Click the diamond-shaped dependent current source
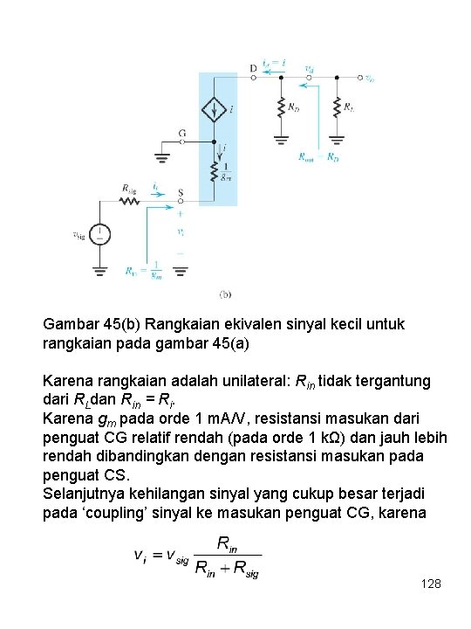[x=213, y=110]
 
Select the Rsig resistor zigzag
[x=129, y=201]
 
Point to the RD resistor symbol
[x=281, y=107]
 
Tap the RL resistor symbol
[x=337, y=107]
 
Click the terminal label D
[x=253, y=67]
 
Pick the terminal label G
[x=181, y=134]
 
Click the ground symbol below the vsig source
[x=101, y=271]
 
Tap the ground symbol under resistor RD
[x=281, y=138]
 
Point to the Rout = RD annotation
[x=317, y=157]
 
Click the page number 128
[x=431, y=582]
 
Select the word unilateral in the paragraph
[x=236, y=382]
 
